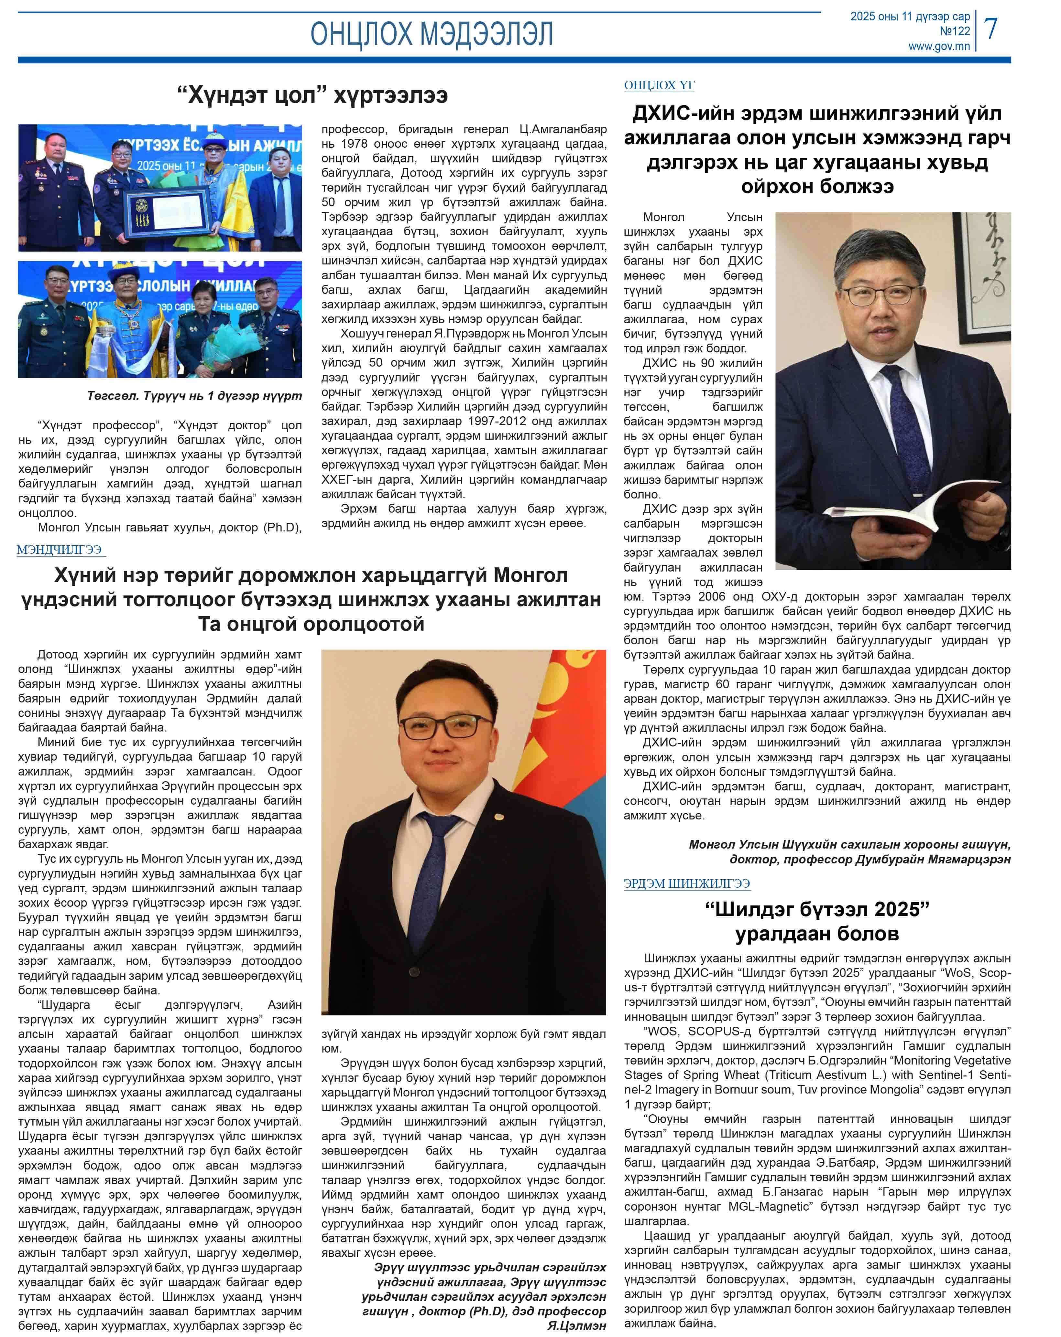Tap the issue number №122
point(954,31)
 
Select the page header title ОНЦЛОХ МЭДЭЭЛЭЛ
point(431,34)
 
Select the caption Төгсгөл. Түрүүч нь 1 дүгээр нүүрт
point(194,396)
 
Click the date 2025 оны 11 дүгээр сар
point(910,17)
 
